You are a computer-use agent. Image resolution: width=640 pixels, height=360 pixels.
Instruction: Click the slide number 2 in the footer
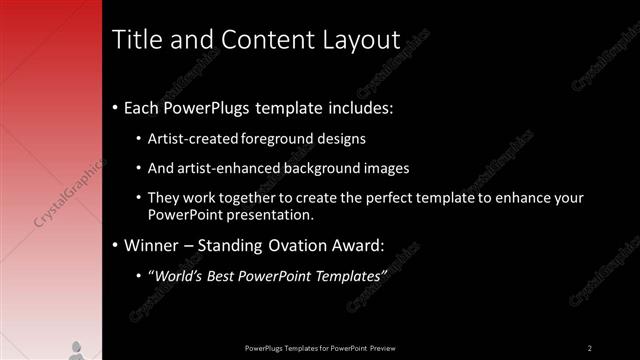click(x=590, y=347)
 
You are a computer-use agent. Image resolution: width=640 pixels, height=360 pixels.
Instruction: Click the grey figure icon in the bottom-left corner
click(x=76, y=349)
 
